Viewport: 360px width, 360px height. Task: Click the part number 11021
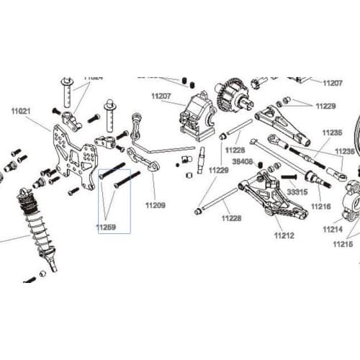tap(21, 112)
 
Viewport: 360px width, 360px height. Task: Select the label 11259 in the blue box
tap(106, 227)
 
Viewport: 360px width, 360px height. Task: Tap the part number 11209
tap(155, 205)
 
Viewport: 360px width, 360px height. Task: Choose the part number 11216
tap(320, 206)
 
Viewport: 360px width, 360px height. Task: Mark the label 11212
tap(284, 234)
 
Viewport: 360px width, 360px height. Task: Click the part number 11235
tap(332, 133)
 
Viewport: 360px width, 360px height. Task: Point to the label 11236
tap(344, 151)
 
